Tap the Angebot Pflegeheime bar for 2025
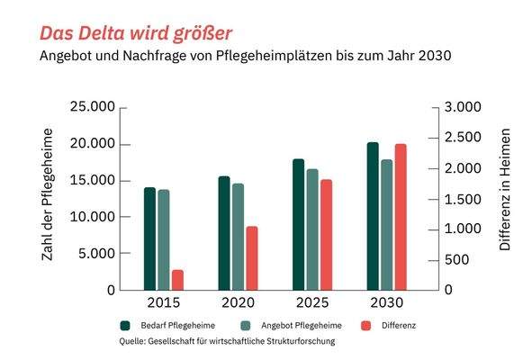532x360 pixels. (x=312, y=229)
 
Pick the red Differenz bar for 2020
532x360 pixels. (x=252, y=258)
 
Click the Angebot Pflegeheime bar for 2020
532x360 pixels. (x=238, y=237)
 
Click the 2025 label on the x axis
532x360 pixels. (x=311, y=302)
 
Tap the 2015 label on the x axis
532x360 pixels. (x=163, y=302)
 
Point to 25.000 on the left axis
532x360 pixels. (x=92, y=108)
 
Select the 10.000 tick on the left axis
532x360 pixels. (x=92, y=217)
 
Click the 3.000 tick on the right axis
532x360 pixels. (x=464, y=108)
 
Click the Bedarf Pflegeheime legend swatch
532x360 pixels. (x=127, y=324)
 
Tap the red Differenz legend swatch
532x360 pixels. (x=365, y=324)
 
